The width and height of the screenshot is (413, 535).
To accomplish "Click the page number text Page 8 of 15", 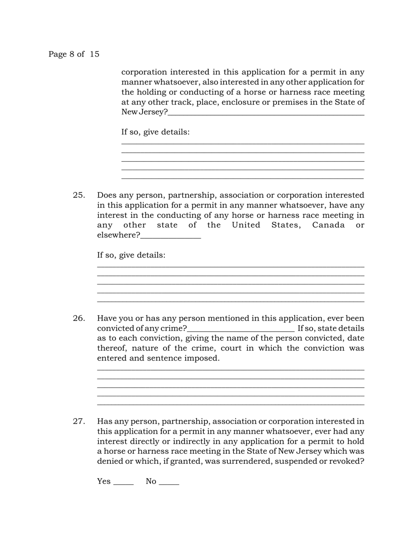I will pos(73,54).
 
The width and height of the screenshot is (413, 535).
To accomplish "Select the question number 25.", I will pos(79,195).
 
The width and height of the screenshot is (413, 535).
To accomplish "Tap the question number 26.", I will pos(79,318).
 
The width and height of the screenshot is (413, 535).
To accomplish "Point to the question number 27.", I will pos(79,421).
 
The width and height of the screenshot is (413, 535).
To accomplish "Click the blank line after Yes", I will pos(123,483).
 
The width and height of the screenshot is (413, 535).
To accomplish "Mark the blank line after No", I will pos(169,483).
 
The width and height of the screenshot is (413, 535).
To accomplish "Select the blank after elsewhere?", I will pos(171,236).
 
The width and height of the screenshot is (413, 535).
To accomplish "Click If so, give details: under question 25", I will pos(131,255).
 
